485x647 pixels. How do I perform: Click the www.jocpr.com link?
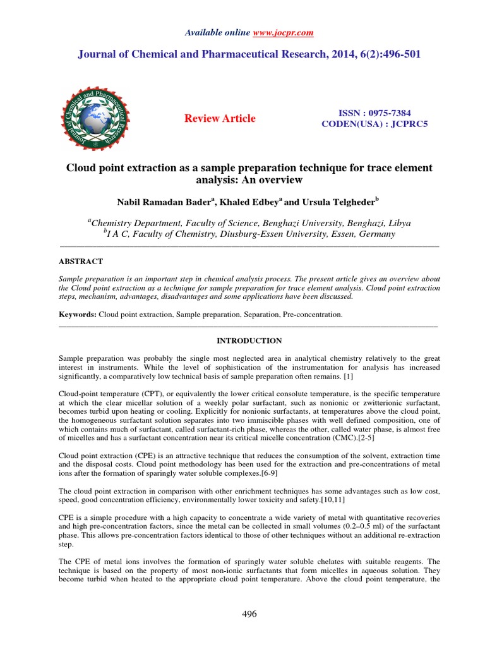coord(284,33)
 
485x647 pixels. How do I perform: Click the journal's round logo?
coord(95,118)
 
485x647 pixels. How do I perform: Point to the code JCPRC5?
coord(409,123)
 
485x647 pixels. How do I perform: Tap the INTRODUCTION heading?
coord(249,341)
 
